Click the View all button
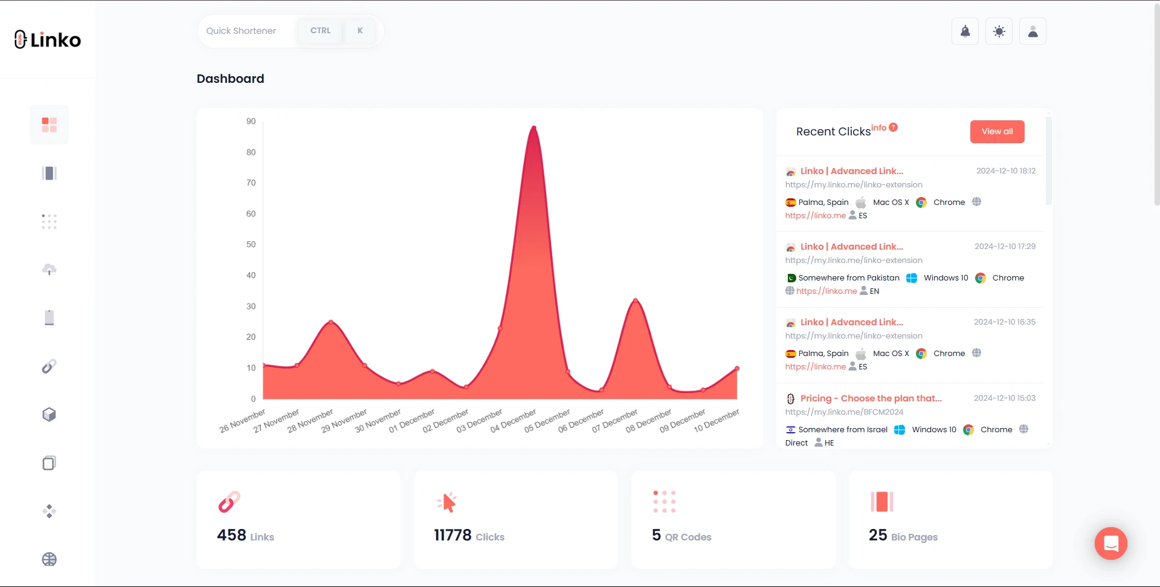click(997, 132)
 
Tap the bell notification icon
click(965, 31)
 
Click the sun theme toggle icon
click(999, 31)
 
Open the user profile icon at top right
click(1033, 31)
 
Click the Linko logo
click(48, 40)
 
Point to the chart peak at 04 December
click(533, 128)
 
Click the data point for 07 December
click(635, 300)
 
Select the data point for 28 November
click(330, 322)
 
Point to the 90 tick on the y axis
click(251, 122)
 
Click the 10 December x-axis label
click(717, 420)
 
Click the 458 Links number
click(231, 536)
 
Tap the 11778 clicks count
click(453, 536)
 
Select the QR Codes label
click(688, 537)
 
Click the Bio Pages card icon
click(881, 502)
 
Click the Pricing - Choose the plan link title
click(871, 398)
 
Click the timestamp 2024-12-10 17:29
click(1005, 247)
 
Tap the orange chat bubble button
click(1110, 543)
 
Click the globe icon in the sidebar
click(50, 559)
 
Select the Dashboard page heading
click(230, 79)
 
